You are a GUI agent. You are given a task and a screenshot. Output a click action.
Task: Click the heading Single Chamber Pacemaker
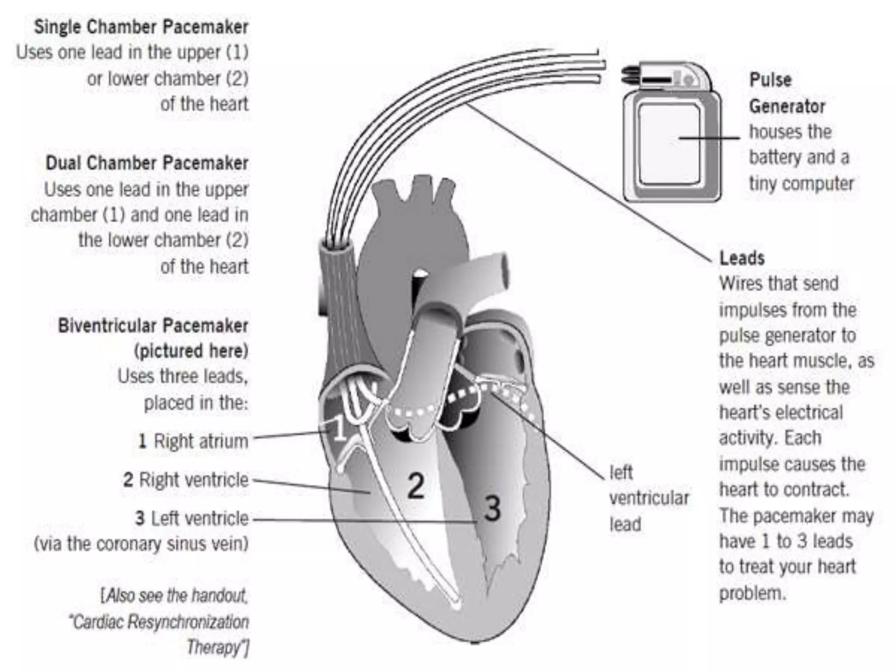[x=141, y=27]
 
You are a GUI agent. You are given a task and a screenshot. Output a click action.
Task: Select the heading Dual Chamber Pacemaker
[x=147, y=163]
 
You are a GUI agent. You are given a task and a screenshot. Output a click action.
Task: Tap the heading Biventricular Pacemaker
[x=153, y=326]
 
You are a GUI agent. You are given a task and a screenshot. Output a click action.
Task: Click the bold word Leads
[x=742, y=258]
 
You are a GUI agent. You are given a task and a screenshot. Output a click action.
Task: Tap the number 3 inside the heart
[x=492, y=508]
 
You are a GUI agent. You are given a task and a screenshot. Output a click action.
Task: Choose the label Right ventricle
[x=193, y=480]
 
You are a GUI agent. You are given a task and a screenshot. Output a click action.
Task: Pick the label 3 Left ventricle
[x=192, y=518]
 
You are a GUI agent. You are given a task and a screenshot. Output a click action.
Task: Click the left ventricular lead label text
[x=649, y=498]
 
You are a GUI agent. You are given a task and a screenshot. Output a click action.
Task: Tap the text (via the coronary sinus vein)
[x=141, y=544]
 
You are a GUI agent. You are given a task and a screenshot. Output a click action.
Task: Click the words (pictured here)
[x=191, y=351]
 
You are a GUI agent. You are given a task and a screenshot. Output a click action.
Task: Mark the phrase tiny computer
[x=801, y=183]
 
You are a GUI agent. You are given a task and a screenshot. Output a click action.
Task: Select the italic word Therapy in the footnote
[x=214, y=647]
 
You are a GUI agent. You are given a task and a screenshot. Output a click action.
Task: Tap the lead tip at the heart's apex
[x=456, y=605]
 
